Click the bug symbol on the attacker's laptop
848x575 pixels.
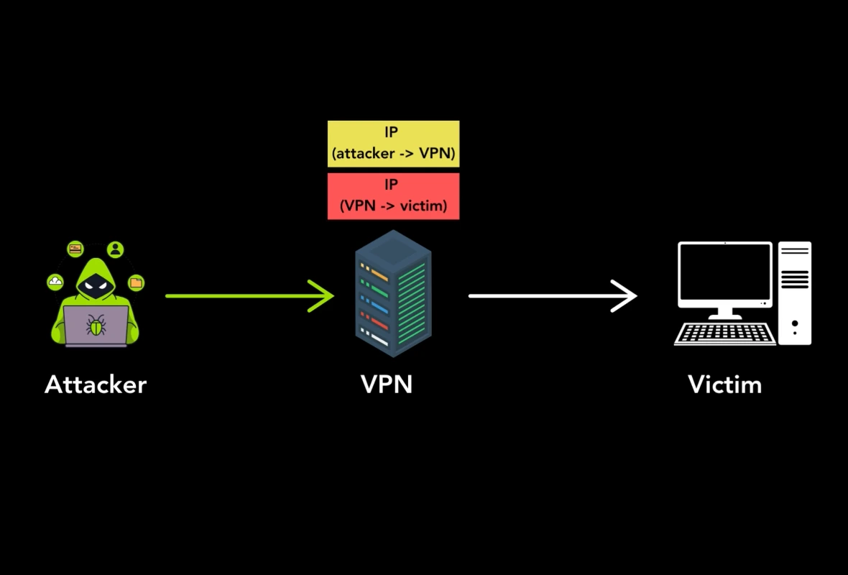pyautogui.click(x=96, y=325)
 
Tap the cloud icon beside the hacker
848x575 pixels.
pyautogui.click(x=55, y=282)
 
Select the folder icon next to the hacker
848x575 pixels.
pyautogui.click(x=136, y=282)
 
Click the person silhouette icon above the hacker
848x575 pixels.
pyautogui.click(x=115, y=249)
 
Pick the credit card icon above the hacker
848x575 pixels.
pyautogui.click(x=75, y=249)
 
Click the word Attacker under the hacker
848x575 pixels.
pyautogui.click(x=96, y=385)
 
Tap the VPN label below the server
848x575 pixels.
pyautogui.click(x=387, y=385)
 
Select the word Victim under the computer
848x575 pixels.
pyautogui.click(x=724, y=385)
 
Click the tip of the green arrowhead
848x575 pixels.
pyautogui.click(x=333, y=295)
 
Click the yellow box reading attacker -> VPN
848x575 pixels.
pyautogui.click(x=393, y=144)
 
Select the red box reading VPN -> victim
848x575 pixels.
pyautogui.click(x=393, y=195)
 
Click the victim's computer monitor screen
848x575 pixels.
pyautogui.click(x=724, y=275)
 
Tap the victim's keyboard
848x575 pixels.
pyautogui.click(x=724, y=333)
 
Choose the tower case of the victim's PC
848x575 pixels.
pyautogui.click(x=795, y=293)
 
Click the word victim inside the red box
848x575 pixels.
pyautogui.click(x=424, y=206)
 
